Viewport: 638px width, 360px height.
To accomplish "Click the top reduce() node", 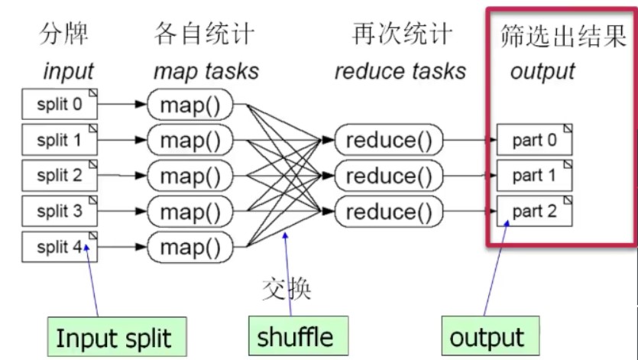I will point(389,141).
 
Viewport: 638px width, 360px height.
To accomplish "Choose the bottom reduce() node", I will point(389,211).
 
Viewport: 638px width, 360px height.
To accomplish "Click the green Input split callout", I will point(114,336).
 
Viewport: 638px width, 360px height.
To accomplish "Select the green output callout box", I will point(487,336).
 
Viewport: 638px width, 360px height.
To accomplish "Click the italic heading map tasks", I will point(206,72).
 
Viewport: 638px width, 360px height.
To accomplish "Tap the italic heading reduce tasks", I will point(400,72).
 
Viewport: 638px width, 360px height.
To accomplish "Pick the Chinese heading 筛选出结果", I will point(562,35).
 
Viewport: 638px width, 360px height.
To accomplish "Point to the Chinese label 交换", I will point(287,288).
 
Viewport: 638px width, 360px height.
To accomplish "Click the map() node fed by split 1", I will point(195,141).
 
